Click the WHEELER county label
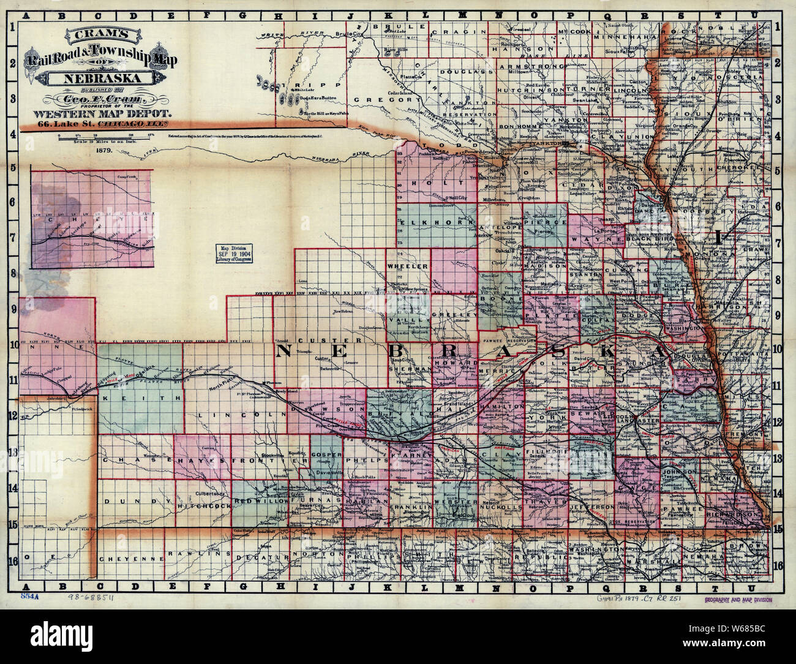pos(407,266)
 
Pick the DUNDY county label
pos(127,501)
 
